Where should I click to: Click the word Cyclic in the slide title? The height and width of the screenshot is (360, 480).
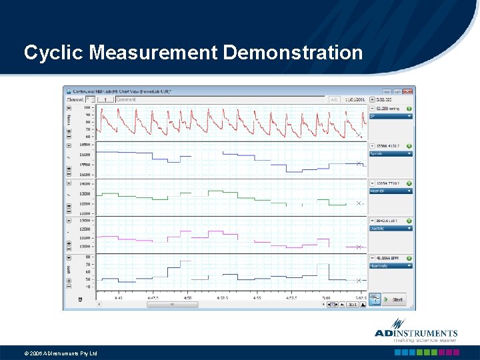[53, 53]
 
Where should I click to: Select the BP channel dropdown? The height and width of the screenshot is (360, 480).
[391, 116]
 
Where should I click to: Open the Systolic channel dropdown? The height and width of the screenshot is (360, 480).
[391, 153]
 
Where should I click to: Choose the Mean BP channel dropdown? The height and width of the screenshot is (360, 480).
[391, 191]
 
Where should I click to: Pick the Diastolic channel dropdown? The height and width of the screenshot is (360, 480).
[391, 228]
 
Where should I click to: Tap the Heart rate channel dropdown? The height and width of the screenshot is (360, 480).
[391, 265]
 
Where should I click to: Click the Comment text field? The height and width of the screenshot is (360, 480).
[220, 99]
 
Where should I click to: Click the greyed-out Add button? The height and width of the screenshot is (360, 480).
[334, 99]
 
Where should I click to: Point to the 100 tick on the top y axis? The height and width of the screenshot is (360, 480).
[87, 107]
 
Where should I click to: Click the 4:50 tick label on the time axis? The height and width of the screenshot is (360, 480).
[187, 299]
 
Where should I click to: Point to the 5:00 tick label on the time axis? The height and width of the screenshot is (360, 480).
[326, 299]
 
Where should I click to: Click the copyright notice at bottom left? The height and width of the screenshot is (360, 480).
[61, 353]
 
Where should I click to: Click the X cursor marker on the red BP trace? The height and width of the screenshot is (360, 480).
[359, 135]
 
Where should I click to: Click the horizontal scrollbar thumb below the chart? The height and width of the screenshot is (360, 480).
[172, 305]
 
